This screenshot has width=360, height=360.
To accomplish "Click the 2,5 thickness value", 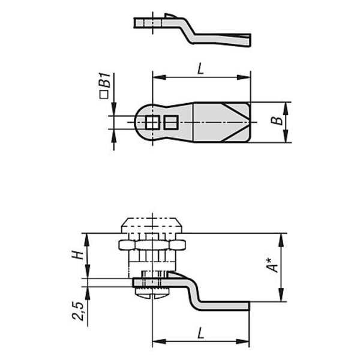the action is point(77,311).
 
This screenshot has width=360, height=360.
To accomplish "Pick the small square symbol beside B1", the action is point(104,95).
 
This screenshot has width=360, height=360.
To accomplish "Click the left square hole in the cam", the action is point(152,122).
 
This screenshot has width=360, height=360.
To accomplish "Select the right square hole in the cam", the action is point(171,122).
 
